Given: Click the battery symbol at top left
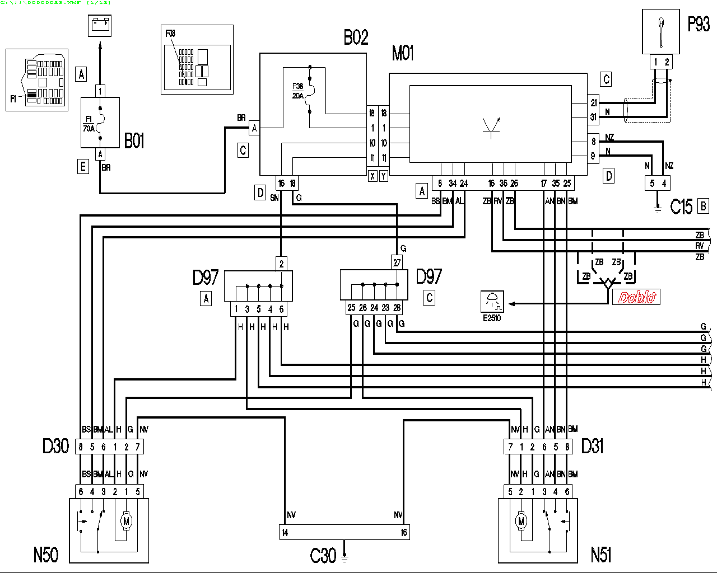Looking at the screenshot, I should point(100,25).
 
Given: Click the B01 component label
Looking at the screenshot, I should point(134,141).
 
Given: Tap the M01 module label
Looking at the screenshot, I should point(403,53).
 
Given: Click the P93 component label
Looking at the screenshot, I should point(698,24).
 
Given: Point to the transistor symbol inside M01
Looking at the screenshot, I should point(491,128).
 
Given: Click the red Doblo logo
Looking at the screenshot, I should point(636,297).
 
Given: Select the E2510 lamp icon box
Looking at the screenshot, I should point(492,302).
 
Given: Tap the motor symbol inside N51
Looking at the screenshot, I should point(521,521).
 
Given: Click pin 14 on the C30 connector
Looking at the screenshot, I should point(285,533).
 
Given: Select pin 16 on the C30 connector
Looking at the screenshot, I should point(403,533).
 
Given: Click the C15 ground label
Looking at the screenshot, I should point(681,207).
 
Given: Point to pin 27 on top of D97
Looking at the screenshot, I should point(397,262).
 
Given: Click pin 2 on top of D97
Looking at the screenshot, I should point(281,263).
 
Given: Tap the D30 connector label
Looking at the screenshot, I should point(55,446).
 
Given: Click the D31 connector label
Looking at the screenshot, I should point(592,446).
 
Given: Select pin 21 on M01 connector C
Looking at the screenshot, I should point(594,103).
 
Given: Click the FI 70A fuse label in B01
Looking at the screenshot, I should point(89,124).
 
